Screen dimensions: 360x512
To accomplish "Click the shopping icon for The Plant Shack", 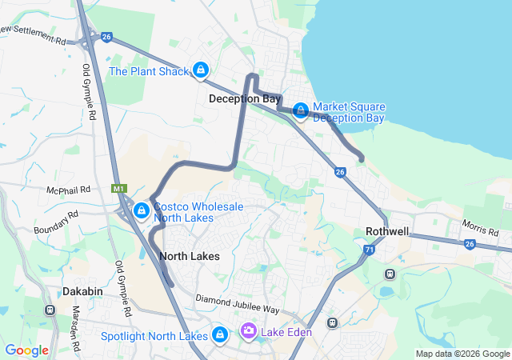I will pos(200,70).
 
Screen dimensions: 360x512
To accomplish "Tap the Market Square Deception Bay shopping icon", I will pos(301,110).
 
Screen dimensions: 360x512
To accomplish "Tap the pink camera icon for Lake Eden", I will pos(249,330).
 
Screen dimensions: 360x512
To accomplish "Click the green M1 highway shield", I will pos(118,188).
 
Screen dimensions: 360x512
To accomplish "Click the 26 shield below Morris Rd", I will pos(470,244).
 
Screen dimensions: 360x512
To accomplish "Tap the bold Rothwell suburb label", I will pos(387,231).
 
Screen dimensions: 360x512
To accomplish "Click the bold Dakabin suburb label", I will pos(83,292).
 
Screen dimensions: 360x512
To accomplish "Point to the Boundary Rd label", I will pos(56,222).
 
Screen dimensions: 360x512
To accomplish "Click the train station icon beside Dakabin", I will pos(50,310).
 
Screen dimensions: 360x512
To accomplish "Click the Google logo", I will pos(26,350).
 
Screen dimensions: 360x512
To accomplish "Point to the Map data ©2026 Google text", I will pos(462,354).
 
